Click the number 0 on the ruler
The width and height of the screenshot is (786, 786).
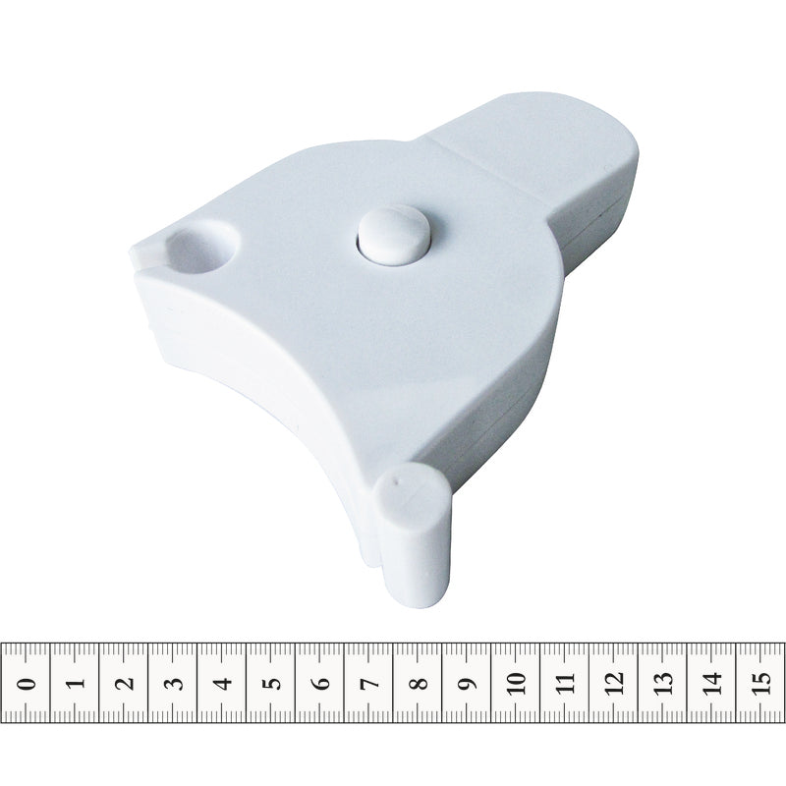[x=28, y=683]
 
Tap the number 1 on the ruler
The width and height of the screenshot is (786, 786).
[x=77, y=683]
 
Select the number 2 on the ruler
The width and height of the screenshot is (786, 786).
[x=127, y=683]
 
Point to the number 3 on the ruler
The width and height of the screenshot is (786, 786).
[x=176, y=683]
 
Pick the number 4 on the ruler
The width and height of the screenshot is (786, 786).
[x=225, y=683]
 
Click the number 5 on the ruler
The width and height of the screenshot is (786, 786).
[x=274, y=683]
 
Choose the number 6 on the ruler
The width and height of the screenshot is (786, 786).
[x=323, y=683]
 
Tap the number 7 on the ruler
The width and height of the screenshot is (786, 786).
[x=372, y=683]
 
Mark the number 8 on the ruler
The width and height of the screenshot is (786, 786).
[x=421, y=683]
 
